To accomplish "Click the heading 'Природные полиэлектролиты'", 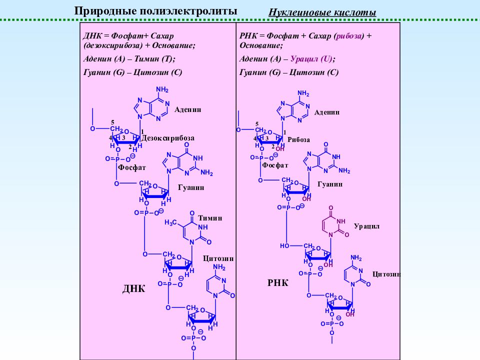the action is pyautogui.click(x=155, y=11).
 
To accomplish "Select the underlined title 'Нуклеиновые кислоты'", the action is pyautogui.click(x=322, y=12).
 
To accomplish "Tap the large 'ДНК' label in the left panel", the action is pyautogui.click(x=134, y=288).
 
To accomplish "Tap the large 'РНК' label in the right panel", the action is pyautogui.click(x=277, y=282).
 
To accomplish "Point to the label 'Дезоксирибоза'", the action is pyautogui.click(x=168, y=138).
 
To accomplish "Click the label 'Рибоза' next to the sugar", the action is pyautogui.click(x=299, y=140).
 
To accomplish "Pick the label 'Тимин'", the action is pyautogui.click(x=210, y=218).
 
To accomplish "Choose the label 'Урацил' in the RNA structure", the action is pyautogui.click(x=366, y=226).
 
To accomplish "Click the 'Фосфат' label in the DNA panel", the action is pyautogui.click(x=132, y=168).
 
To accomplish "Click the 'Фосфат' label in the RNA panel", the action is pyautogui.click(x=275, y=165).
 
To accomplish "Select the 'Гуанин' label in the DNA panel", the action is pyautogui.click(x=191, y=187).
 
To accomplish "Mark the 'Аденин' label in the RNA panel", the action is pyautogui.click(x=327, y=112).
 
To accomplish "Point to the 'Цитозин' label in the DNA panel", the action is pyautogui.click(x=218, y=258).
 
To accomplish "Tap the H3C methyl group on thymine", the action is pyautogui.click(x=171, y=222).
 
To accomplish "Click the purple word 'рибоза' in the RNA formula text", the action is pyautogui.click(x=348, y=36).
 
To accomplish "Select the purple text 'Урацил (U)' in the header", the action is pyautogui.click(x=311, y=59).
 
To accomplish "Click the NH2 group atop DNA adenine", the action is pyautogui.click(x=162, y=89).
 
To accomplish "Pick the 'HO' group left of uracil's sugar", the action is pyautogui.click(x=284, y=246).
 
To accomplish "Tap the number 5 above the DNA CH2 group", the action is pyautogui.click(x=112, y=122).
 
